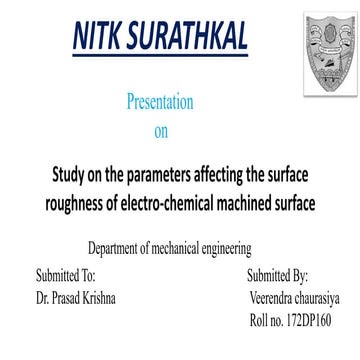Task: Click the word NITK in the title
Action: point(97,37)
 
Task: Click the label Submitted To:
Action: point(66,273)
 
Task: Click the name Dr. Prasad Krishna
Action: point(77,298)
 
